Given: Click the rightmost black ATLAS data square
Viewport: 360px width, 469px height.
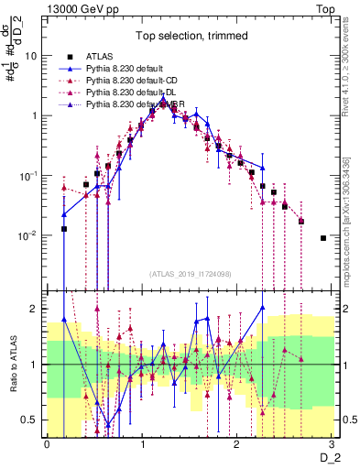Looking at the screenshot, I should click(x=322, y=238).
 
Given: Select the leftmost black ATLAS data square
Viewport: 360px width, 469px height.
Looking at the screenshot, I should click(x=64, y=229).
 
